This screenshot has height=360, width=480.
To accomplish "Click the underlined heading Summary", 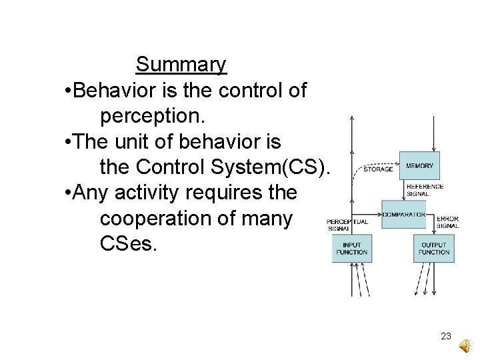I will pos(181,65).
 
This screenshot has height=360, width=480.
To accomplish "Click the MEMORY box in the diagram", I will pos(419,165).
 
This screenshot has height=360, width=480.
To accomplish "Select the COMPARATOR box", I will pos(403,215).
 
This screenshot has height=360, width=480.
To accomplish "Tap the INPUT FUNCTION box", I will pos(351,249).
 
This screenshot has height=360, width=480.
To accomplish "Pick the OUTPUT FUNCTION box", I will pos(434,249).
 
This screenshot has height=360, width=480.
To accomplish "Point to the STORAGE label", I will pos(378,169).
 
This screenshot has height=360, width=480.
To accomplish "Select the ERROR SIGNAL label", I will pos(447,222).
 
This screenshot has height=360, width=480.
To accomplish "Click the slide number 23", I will pos(446,337).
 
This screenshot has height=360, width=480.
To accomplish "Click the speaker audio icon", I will pos(465,345).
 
